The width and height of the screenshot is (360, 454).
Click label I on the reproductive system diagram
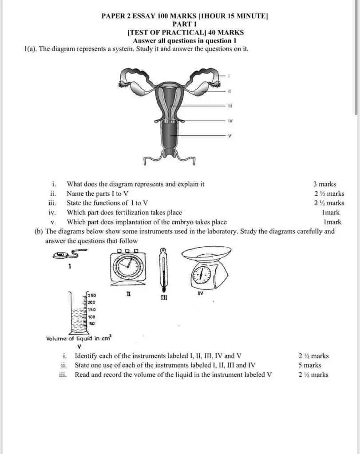tap(229, 76)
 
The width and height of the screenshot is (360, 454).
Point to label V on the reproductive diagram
tap(229, 136)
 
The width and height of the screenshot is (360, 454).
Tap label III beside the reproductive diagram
tap(229, 106)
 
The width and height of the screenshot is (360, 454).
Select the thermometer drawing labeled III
tap(163, 269)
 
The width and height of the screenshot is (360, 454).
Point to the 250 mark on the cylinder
tap(92, 295)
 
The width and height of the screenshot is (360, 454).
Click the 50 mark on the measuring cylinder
tap(92, 324)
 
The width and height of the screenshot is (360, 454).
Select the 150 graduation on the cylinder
tap(92, 309)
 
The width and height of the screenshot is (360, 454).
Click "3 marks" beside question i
tap(324, 184)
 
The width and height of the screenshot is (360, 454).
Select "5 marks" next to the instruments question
tap(310, 365)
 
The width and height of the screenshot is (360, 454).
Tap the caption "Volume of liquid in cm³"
tap(79, 339)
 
